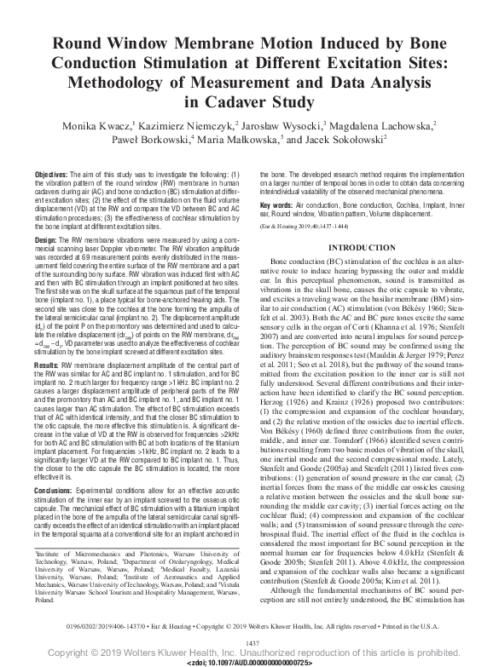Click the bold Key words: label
(289, 205)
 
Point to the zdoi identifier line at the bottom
(250, 661)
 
